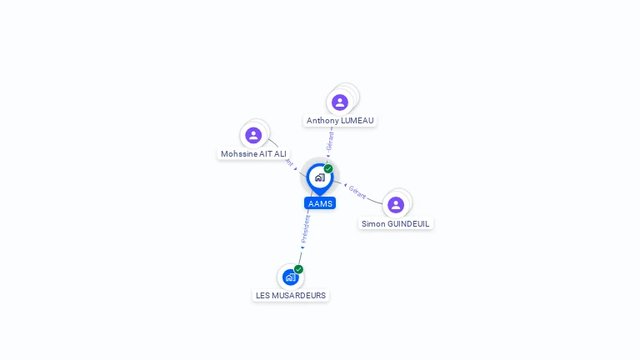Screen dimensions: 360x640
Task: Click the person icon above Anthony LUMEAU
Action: [339, 102]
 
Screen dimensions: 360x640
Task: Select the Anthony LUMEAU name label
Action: [340, 121]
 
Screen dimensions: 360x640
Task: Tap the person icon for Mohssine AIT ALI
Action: [253, 135]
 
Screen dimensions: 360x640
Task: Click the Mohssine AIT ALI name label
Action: [254, 154]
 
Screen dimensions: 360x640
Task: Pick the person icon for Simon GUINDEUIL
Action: [396, 204]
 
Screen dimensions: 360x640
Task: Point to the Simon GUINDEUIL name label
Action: [396, 224]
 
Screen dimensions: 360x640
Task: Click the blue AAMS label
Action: [320, 203]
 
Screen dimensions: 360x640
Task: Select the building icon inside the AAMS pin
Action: [320, 177]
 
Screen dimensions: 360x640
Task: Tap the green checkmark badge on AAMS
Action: [328, 169]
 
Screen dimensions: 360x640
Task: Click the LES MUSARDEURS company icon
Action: [290, 277]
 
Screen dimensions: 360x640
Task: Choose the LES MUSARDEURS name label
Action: [291, 296]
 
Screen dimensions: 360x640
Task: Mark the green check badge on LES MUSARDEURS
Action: [298, 269]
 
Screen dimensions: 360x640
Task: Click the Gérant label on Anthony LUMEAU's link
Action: [331, 139]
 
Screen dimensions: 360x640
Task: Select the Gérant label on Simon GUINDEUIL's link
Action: [357, 192]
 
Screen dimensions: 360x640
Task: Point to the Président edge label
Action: [306, 227]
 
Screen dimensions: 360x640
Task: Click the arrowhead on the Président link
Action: [302, 247]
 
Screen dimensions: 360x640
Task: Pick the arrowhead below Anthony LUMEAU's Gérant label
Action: [327, 156]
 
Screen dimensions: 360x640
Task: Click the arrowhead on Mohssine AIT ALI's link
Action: [296, 169]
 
